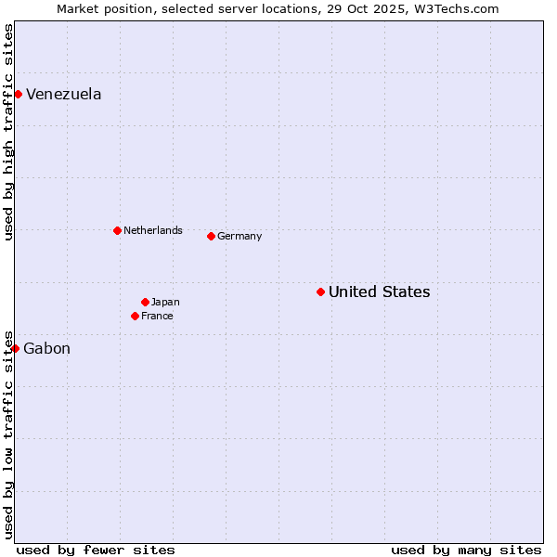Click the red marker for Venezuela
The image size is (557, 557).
[x=18, y=94]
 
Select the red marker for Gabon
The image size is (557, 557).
[x=15, y=348]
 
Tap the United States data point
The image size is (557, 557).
[x=320, y=291]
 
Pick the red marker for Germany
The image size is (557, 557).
[x=211, y=236]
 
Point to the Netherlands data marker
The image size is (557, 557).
[x=117, y=230]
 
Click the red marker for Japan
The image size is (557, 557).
[x=145, y=302]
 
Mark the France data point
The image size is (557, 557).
[x=135, y=316]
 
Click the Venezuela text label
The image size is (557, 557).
[x=63, y=94]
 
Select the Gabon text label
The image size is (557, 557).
[x=46, y=348]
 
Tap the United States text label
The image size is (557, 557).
[x=379, y=291]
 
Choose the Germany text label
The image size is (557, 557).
[x=240, y=236]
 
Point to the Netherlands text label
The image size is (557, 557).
[x=152, y=230]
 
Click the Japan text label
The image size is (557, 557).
[x=165, y=302]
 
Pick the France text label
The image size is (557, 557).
[x=157, y=316]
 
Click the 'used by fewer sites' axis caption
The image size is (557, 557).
[x=96, y=550]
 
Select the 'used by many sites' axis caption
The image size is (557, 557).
[x=466, y=550]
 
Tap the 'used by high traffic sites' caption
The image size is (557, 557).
[x=8, y=132]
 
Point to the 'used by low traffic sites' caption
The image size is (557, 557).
[x=8, y=434]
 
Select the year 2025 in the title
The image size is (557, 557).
[x=392, y=8]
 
